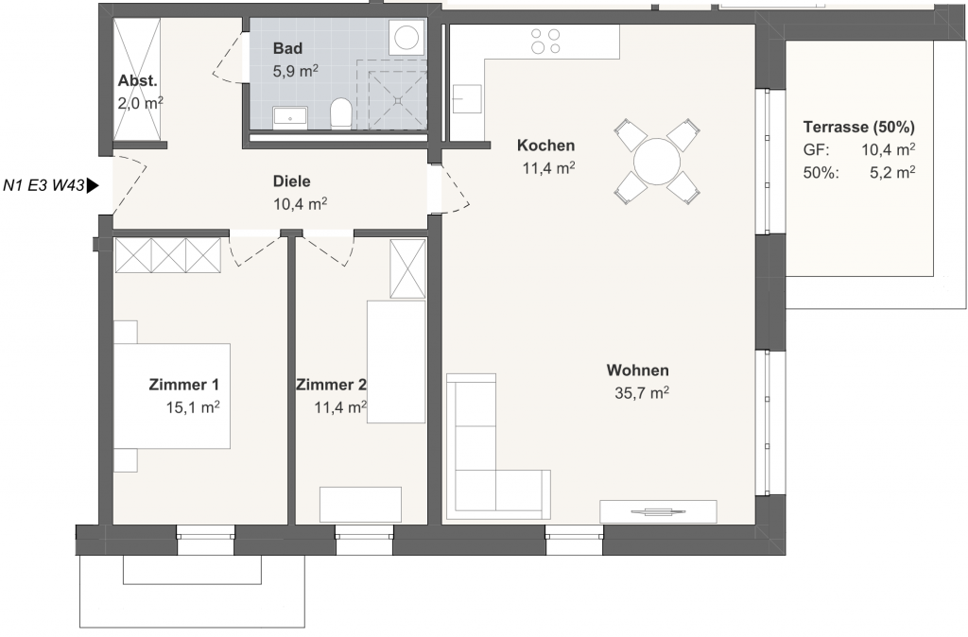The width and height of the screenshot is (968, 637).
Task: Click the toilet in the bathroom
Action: click(340, 113)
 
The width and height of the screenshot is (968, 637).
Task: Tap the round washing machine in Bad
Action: click(406, 37)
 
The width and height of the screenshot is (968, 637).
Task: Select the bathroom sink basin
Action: click(290, 115)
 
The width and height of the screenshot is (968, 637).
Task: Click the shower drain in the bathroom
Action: click(399, 100)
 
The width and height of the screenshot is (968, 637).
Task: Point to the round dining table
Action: click(657, 161)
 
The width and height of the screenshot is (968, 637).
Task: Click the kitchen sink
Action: click(466, 98)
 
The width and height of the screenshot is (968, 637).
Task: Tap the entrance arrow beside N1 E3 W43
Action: click(93, 185)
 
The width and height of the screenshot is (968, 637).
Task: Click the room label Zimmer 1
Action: click(184, 385)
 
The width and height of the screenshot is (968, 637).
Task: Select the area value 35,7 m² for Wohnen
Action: click(642, 392)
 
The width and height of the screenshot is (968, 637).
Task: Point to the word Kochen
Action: click(545, 145)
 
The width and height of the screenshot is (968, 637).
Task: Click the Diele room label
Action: click(291, 181)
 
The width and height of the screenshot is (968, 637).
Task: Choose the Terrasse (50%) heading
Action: click(858, 128)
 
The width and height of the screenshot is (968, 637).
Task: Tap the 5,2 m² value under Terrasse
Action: click(892, 172)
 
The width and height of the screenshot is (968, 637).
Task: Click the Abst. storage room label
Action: click(138, 81)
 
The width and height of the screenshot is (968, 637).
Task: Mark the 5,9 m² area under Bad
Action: click(296, 71)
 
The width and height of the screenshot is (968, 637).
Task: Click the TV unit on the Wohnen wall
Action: click(658, 511)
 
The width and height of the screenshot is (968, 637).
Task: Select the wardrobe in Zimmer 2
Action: click(407, 269)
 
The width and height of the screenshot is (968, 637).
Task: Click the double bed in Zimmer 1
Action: click(172, 396)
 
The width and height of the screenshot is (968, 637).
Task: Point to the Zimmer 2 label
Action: click(331, 386)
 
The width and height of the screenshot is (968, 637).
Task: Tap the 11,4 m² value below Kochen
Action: click(549, 168)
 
